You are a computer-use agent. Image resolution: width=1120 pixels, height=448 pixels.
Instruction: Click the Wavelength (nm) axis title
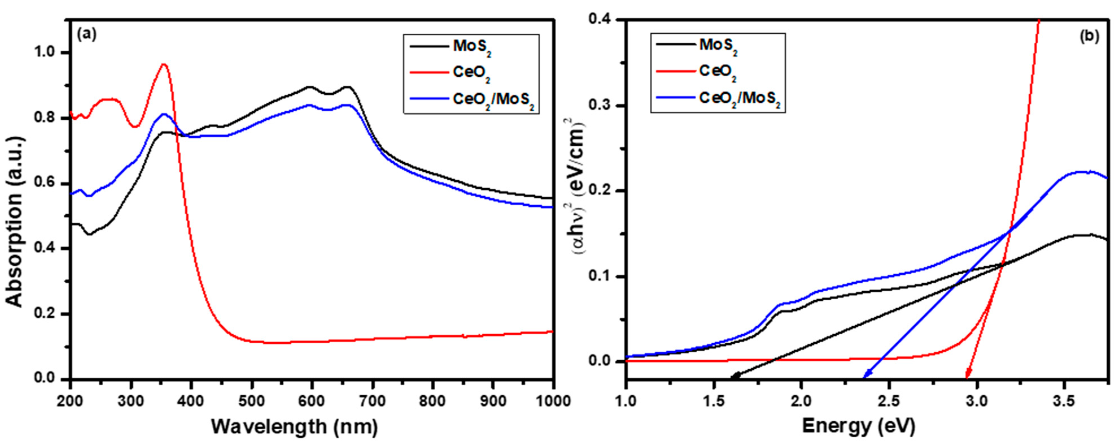click(294, 427)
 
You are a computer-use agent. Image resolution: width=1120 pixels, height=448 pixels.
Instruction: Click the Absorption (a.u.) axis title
click(15, 222)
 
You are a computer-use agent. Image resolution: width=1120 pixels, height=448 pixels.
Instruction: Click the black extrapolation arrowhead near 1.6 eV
click(733, 377)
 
